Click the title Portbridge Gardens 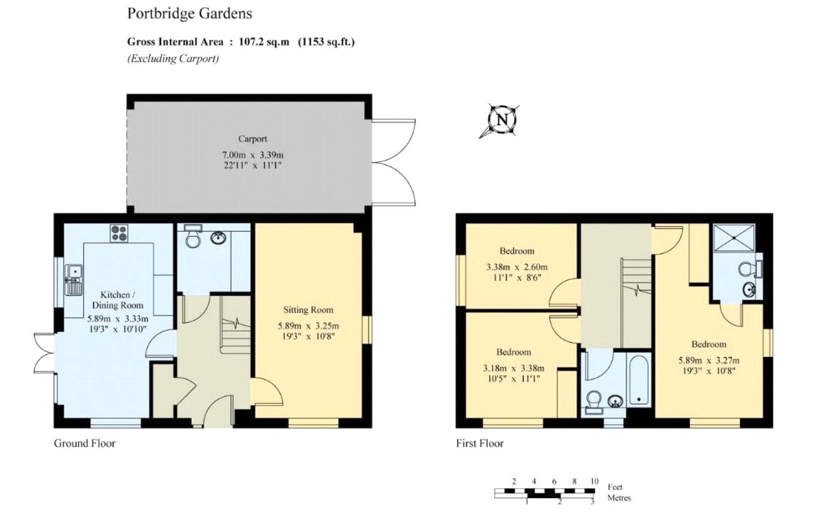(x=181, y=13)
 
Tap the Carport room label (x=252, y=139)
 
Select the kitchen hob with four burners (x=119, y=233)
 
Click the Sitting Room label (x=308, y=309)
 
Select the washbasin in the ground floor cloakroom (x=218, y=238)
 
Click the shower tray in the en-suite (x=734, y=238)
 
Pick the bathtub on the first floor (x=638, y=380)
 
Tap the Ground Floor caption (x=84, y=443)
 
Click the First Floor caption (x=480, y=443)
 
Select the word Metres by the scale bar (x=619, y=498)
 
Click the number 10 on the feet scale (x=593, y=481)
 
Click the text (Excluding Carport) (x=173, y=59)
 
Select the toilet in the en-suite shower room (x=746, y=269)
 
